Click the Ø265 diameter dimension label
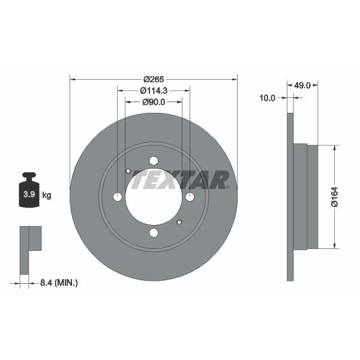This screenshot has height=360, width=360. [x=154, y=79]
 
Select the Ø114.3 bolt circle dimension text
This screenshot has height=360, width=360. [x=154, y=91]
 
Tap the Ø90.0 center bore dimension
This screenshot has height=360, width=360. [x=154, y=102]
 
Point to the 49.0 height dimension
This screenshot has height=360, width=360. [x=302, y=85]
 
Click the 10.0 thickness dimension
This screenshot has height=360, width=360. [x=267, y=98]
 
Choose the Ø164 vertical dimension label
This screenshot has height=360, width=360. [x=335, y=197]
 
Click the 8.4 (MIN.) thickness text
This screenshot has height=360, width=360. [x=59, y=283]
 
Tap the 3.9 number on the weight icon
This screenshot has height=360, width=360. [x=29, y=194]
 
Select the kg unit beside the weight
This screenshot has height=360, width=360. [x=47, y=196]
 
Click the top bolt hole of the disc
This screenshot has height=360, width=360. [x=154, y=161]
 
